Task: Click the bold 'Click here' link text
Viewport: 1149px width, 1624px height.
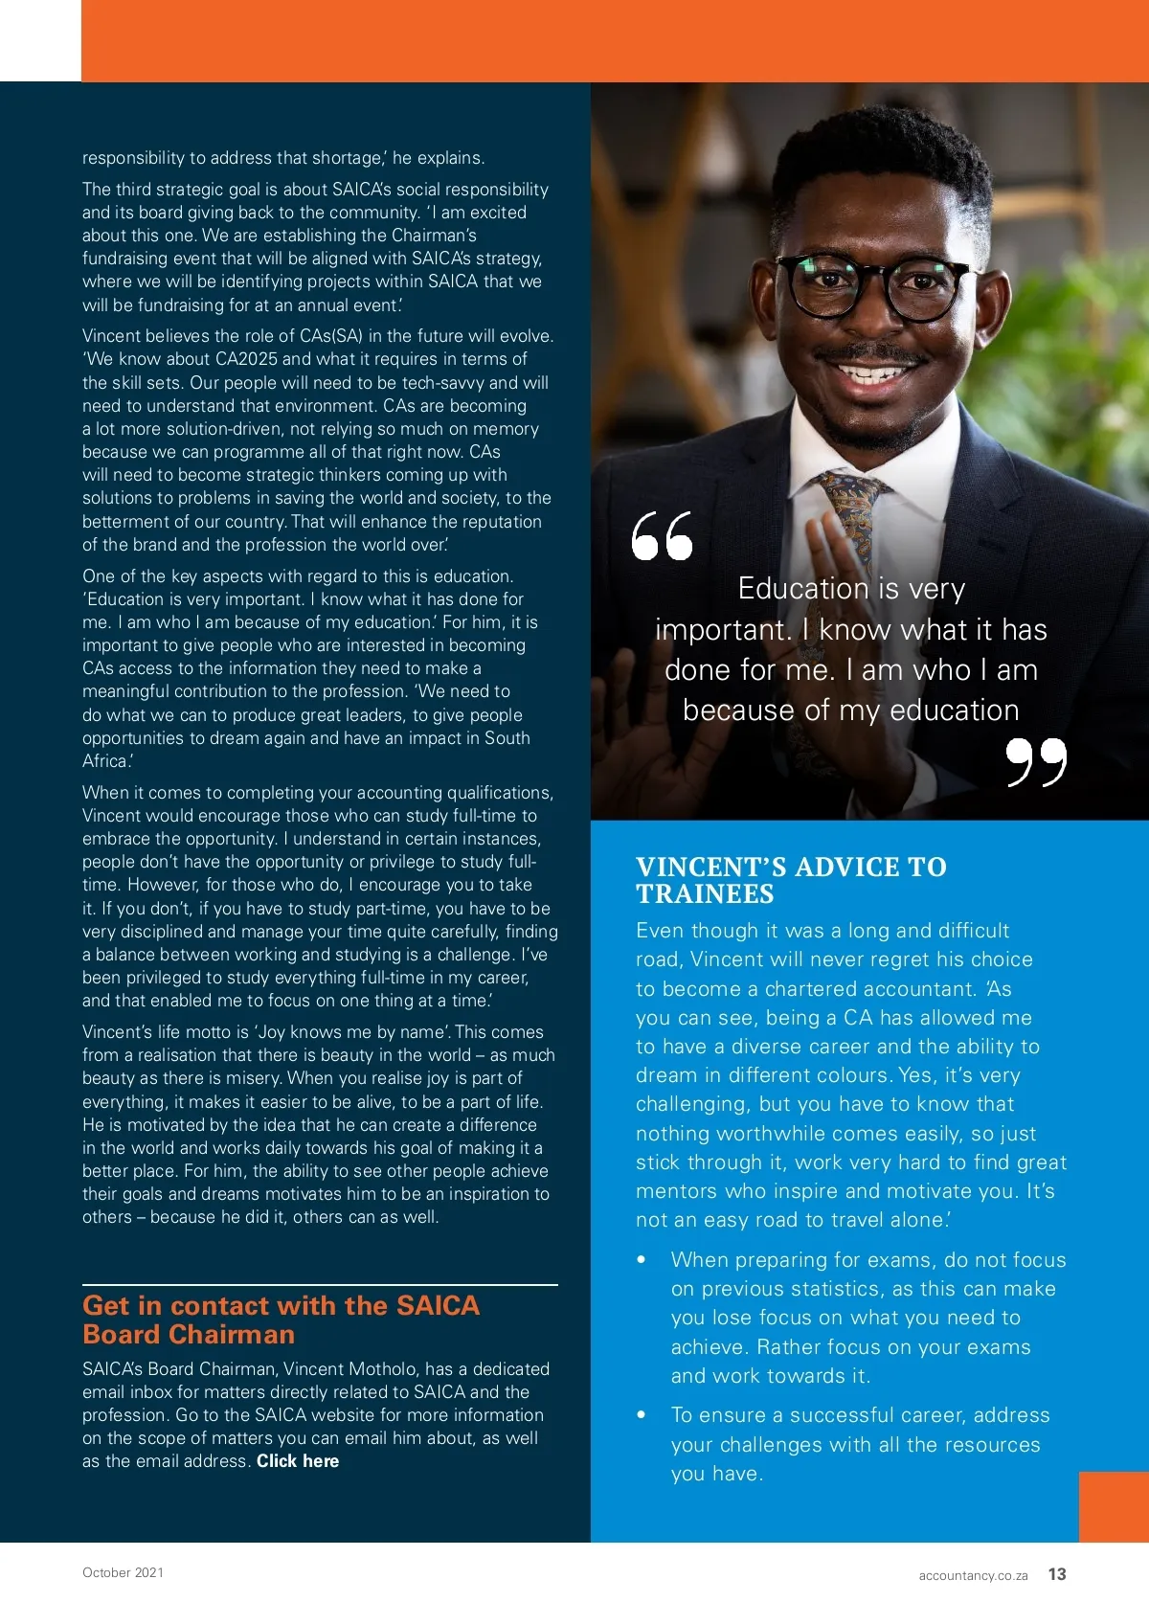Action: [x=298, y=1461]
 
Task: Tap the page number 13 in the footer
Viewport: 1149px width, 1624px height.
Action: [x=1057, y=1574]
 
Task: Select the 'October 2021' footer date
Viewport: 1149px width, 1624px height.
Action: [x=123, y=1572]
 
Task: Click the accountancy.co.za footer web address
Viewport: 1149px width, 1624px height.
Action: [x=973, y=1575]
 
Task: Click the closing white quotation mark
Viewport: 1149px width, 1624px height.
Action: [x=1036, y=761]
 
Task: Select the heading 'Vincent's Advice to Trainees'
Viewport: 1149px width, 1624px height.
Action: [x=791, y=880]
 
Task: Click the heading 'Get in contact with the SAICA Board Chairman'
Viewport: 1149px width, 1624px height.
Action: [x=281, y=1319]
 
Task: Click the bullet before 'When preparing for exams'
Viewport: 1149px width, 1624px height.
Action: [x=642, y=1260]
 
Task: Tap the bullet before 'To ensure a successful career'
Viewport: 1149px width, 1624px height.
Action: [x=642, y=1415]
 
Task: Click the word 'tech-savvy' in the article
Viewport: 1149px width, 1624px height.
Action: [x=443, y=383]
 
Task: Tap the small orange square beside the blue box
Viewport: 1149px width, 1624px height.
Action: [x=1114, y=1506]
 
